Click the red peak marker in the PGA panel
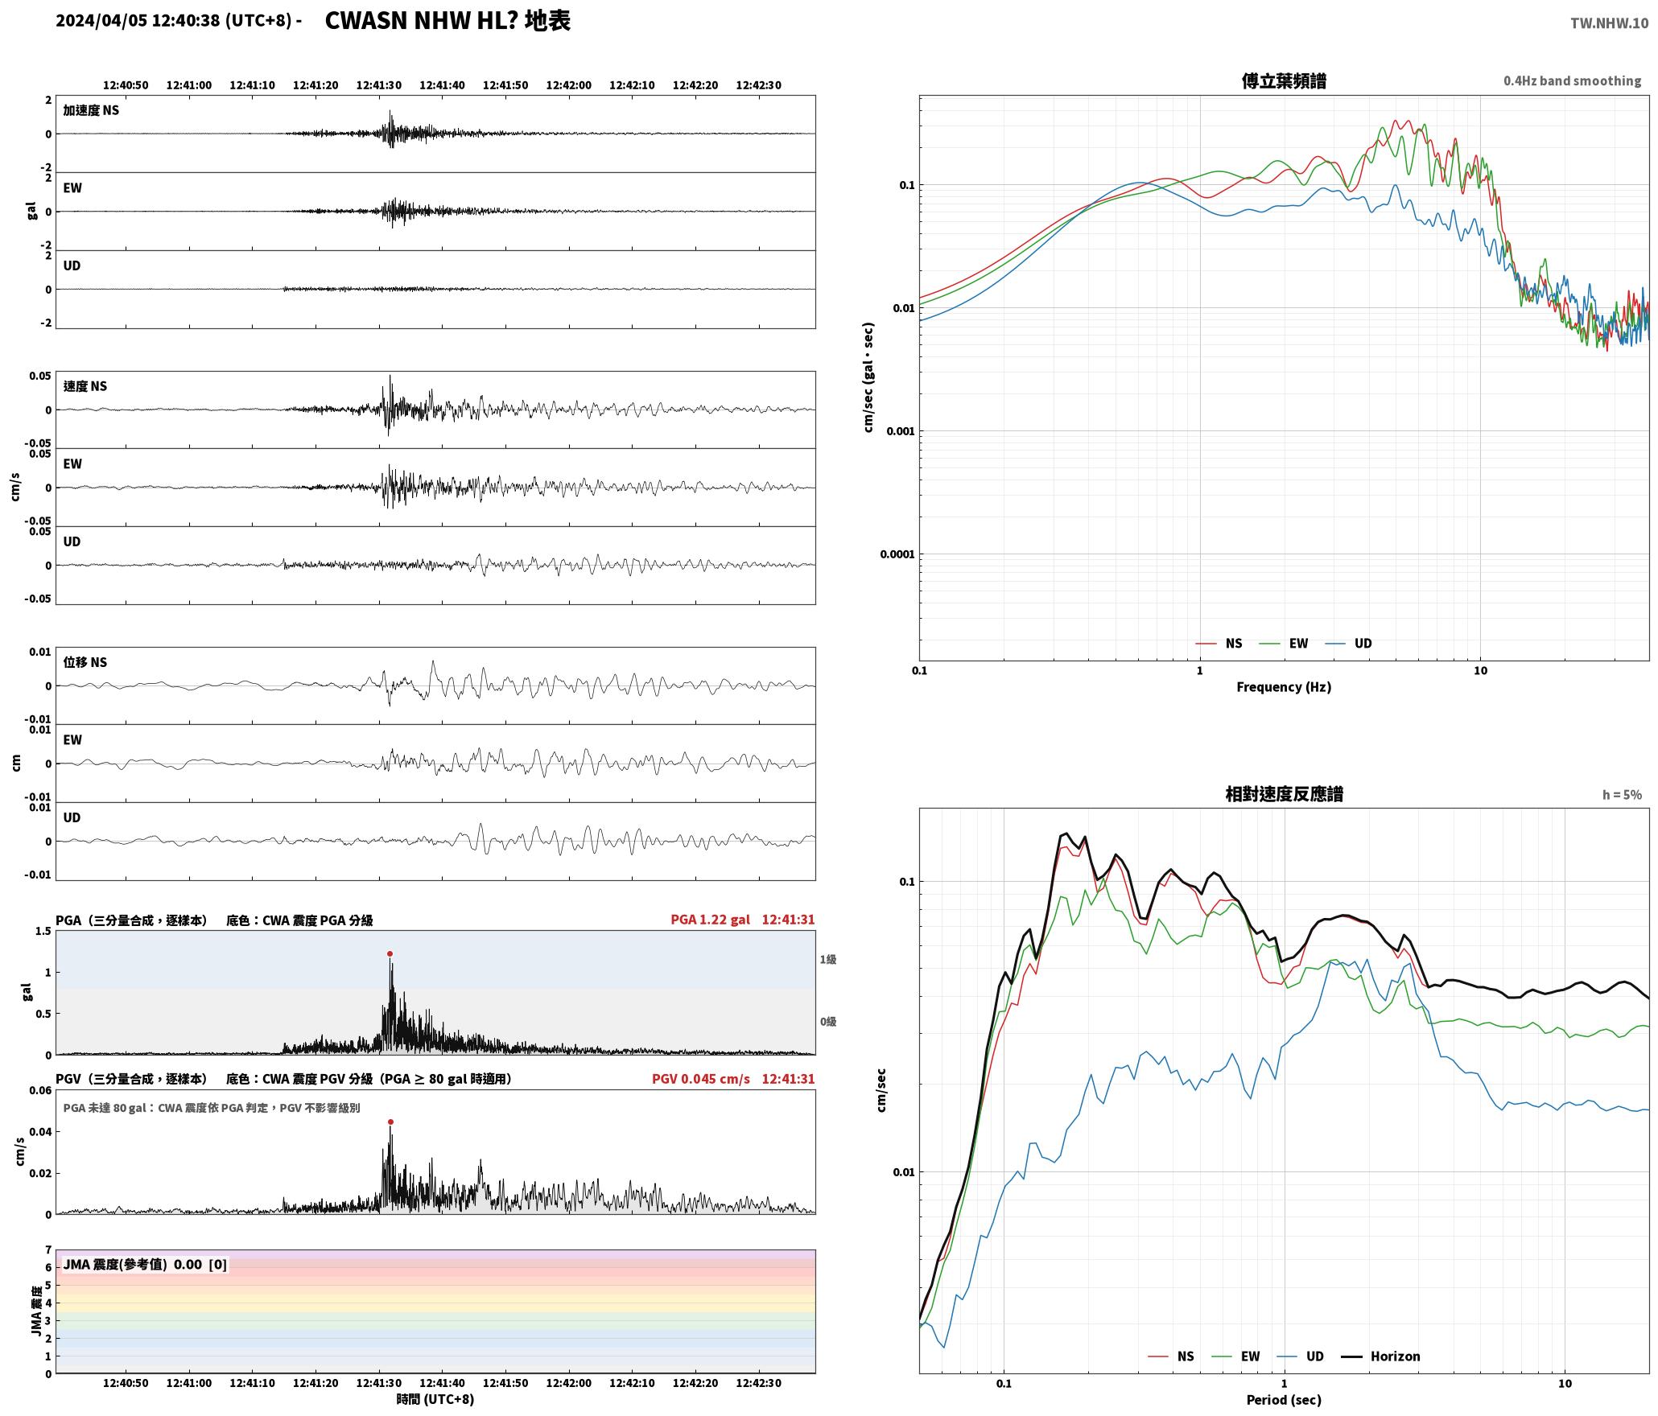(390, 953)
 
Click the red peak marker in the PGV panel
(390, 1122)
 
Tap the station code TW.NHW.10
(1609, 23)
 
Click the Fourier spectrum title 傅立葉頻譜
(1284, 81)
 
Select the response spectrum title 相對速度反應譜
(1284, 794)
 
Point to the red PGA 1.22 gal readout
(710, 920)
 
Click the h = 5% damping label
(1622, 795)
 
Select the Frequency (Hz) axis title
(1284, 687)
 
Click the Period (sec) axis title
(1284, 1400)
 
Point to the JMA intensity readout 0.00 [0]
(200, 1264)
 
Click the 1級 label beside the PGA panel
(828, 959)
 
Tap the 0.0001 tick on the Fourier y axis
(897, 554)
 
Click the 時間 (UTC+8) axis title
(435, 1399)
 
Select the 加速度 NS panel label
(91, 110)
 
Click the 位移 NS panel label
(85, 662)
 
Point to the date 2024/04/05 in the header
(101, 21)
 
